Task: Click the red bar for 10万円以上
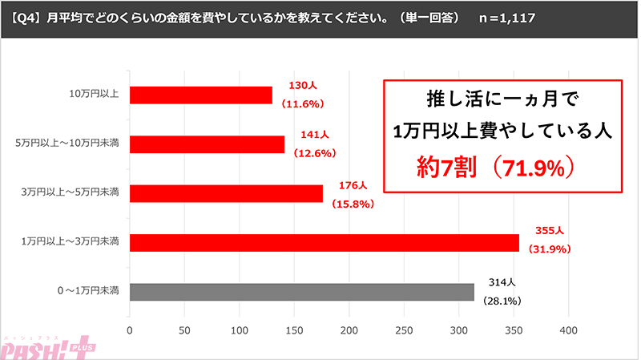pos(200,95)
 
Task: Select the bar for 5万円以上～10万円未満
pos(207,144)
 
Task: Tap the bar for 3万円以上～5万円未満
pos(226,193)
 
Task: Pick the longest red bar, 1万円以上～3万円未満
pos(324,242)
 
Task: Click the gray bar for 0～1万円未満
pos(301,292)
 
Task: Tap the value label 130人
pos(300,87)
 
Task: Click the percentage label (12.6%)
pos(313,152)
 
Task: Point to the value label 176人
pos(348,185)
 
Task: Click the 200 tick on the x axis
pos(349,330)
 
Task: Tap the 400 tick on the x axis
pos(569,330)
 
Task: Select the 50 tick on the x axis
pos(184,330)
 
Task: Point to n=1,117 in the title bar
pos(506,16)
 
